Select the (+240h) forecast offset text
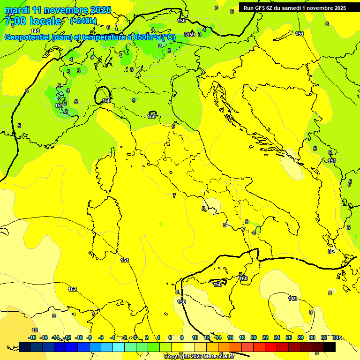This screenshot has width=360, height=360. pyautogui.click(x=83, y=21)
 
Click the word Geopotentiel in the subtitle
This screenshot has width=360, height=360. pyautogui.click(x=27, y=37)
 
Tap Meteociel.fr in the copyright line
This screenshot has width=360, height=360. pyautogui.click(x=216, y=356)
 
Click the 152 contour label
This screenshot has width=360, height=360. pyautogui.click(x=72, y=289)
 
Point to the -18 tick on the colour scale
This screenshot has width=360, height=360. pyautogui.click(x=32, y=337)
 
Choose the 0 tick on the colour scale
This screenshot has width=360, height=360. pyautogui.click(x=135, y=337)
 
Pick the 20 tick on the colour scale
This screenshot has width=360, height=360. pyautogui.click(x=254, y=337)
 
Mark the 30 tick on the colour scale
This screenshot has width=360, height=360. pyautogui.click(x=312, y=337)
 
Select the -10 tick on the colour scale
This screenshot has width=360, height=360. pyautogui.click(x=79, y=337)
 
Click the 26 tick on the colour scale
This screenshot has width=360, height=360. pyautogui.click(x=289, y=337)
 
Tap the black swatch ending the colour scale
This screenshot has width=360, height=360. pyautogui.click(x=329, y=347)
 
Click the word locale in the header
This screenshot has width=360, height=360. pyautogui.click(x=45, y=21)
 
